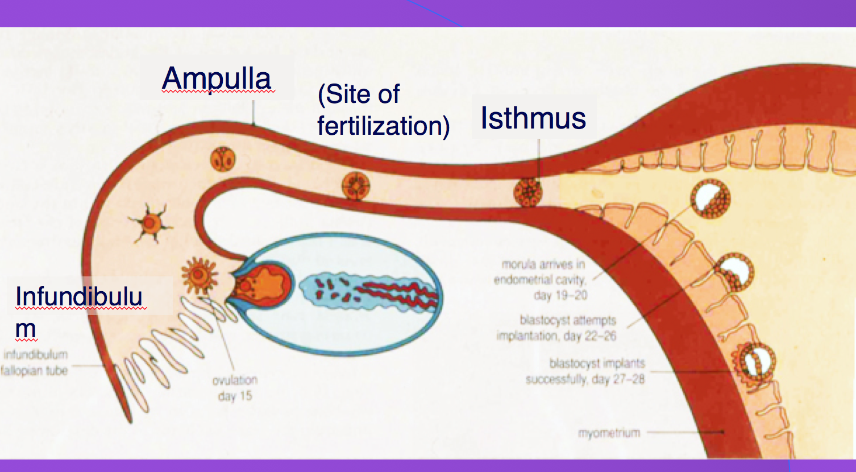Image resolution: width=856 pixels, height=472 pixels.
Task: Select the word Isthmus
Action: (x=533, y=118)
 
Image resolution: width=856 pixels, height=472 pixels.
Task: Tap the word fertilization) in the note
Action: (x=383, y=126)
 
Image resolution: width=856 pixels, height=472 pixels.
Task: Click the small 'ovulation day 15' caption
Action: (x=235, y=388)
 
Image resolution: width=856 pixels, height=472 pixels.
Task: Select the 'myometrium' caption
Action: (x=609, y=433)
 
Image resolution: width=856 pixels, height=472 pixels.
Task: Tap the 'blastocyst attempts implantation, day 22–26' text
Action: (x=556, y=328)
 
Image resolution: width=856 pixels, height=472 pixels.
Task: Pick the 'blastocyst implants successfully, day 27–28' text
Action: (x=585, y=371)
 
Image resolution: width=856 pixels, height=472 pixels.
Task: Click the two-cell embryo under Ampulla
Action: (x=223, y=159)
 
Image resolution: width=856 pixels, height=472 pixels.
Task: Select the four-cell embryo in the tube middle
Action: (x=356, y=186)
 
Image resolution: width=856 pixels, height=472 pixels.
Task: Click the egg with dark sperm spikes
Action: (x=149, y=222)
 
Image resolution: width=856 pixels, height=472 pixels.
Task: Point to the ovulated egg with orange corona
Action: (x=200, y=275)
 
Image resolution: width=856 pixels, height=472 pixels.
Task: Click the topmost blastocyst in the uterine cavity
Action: (x=710, y=198)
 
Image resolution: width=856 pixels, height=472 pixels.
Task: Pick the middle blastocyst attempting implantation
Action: (x=734, y=272)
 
